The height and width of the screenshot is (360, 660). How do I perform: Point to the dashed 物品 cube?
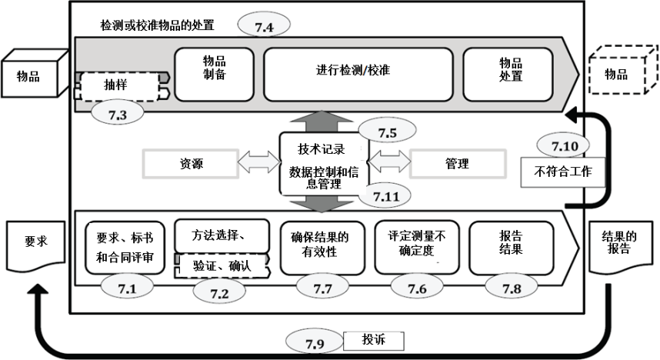tap(618, 75)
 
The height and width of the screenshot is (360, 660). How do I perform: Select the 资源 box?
tap(192, 164)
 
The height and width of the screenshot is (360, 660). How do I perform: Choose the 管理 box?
tap(458, 164)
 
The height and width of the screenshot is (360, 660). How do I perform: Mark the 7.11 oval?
tap(387, 196)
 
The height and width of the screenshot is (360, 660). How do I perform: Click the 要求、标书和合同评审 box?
tap(125, 248)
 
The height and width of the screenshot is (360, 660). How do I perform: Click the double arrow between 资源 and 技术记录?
tap(256, 164)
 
